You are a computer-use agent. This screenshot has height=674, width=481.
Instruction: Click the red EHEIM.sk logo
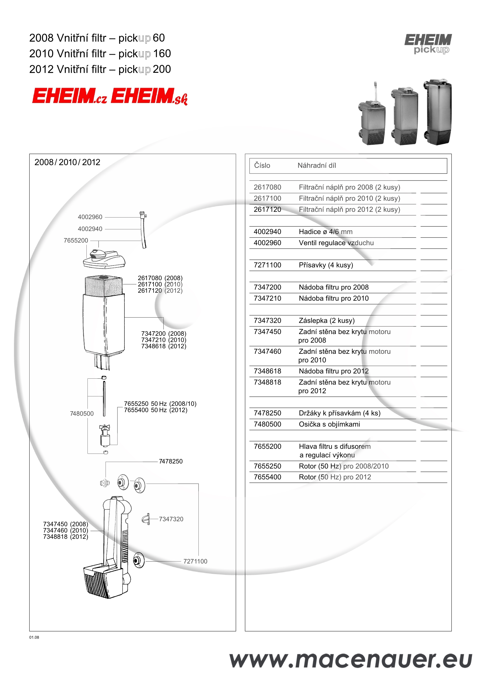pyautogui.click(x=149, y=96)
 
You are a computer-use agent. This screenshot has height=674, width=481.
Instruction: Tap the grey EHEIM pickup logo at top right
pyautogui.click(x=428, y=44)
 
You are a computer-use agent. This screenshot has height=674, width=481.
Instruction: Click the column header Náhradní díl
pyautogui.click(x=317, y=165)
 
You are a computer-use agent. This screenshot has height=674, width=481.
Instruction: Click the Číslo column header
pyautogui.click(x=262, y=165)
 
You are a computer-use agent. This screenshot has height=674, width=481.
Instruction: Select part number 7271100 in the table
pyautogui.click(x=267, y=265)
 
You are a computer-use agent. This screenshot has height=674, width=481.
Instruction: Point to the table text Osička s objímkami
pyautogui.click(x=329, y=424)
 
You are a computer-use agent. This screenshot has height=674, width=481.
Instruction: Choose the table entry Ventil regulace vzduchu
pyautogui.click(x=336, y=243)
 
